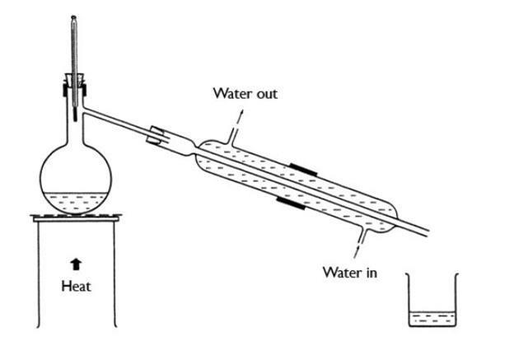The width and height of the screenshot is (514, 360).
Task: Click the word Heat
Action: pos(76,287)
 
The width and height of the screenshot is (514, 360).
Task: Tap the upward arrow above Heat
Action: pos(76,264)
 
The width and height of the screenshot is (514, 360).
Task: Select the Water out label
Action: pos(245,93)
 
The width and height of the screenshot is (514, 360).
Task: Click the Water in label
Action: pos(349,272)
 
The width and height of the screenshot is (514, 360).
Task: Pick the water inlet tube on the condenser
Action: pos(361,236)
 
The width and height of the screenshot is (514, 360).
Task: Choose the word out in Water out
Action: pos(266,93)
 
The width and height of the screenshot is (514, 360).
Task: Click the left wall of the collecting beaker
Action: pos(409,301)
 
